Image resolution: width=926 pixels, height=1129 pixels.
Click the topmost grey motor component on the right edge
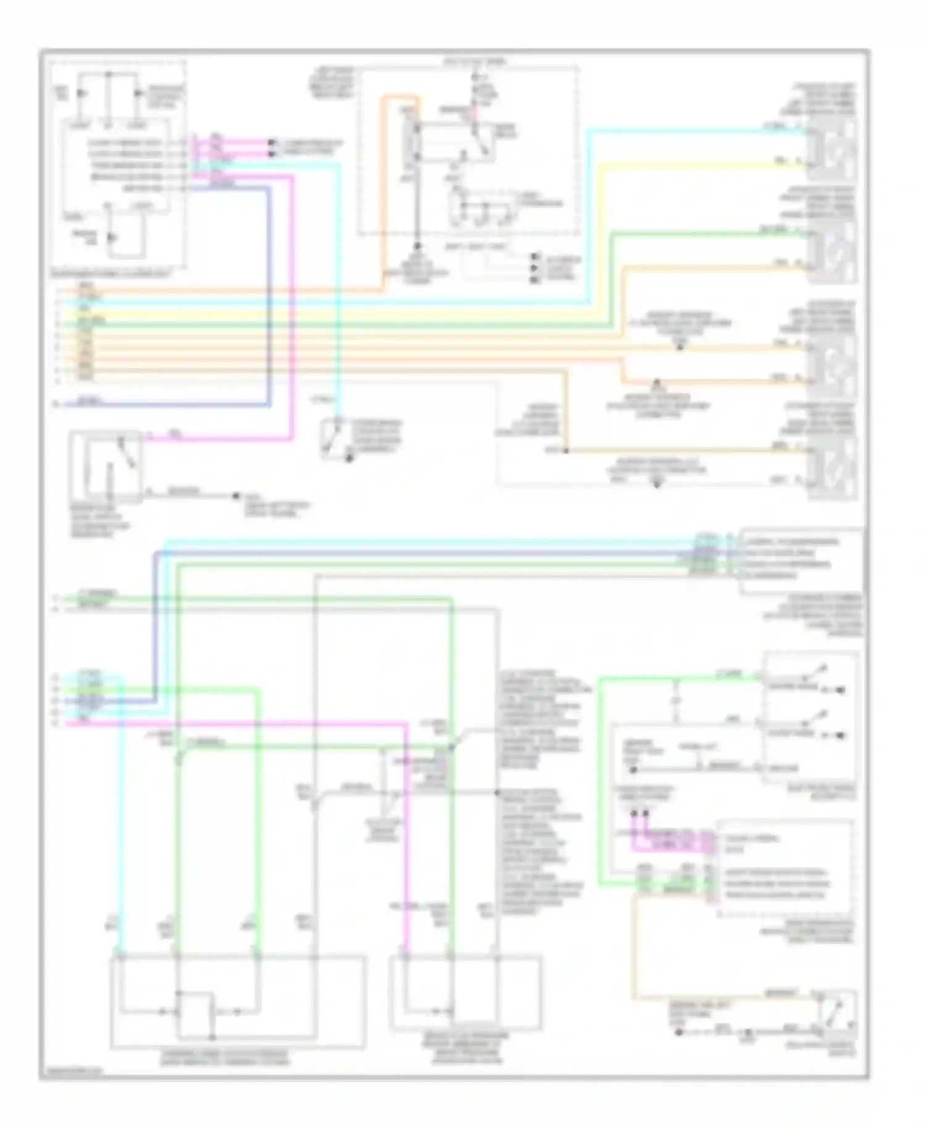833,151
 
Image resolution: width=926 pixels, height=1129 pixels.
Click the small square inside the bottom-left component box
195,1013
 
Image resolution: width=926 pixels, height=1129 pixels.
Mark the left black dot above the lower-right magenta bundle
635,813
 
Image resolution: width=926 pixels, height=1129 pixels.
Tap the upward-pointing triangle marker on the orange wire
657,384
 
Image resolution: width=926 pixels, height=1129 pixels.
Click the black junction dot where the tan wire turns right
566,451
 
